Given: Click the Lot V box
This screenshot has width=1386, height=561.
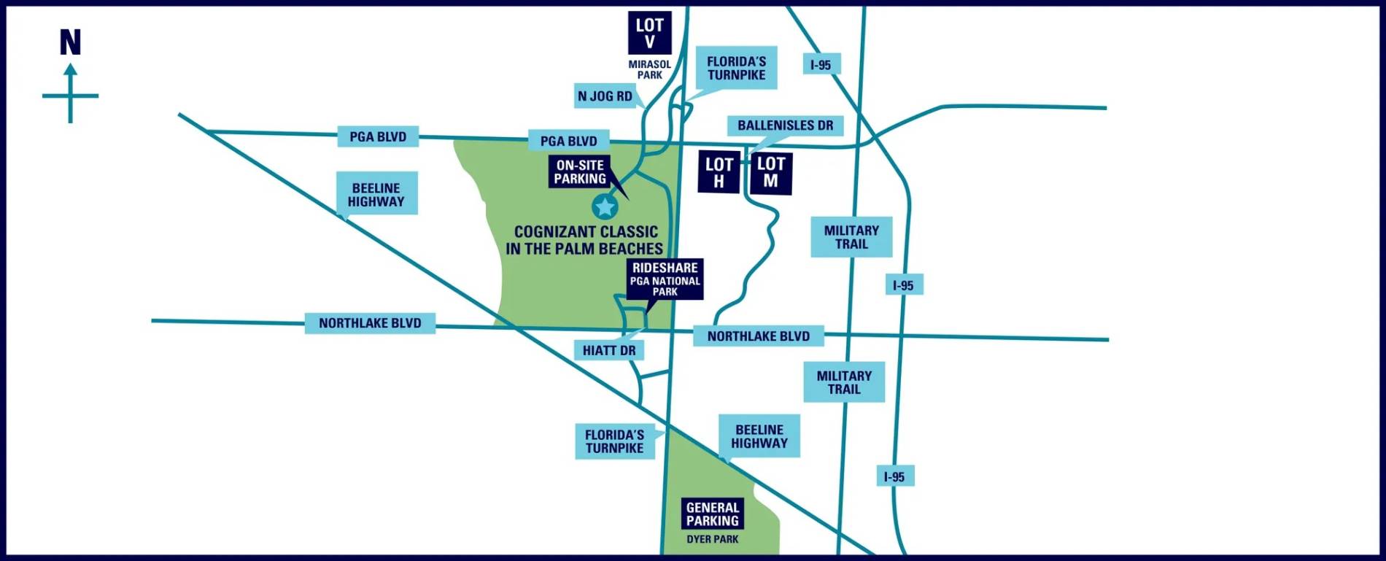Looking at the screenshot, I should point(649,33).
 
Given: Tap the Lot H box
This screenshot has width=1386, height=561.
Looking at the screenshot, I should point(719,173).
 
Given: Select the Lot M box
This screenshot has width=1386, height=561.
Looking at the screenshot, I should point(771,173).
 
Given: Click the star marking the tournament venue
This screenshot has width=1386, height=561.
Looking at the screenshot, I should point(604,207).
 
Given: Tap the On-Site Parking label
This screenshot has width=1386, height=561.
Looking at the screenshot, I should point(580,172).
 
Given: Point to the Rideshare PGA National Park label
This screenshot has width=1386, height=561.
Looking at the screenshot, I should point(665,279).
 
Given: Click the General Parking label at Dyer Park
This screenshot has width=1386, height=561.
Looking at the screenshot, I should point(712,514).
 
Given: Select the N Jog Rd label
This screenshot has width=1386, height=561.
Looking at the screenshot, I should point(605,96).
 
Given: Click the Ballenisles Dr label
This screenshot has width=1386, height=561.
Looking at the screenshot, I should point(785,125).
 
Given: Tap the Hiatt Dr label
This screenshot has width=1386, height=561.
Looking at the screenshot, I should point(609,351).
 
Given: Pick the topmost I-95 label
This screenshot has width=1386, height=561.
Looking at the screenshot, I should point(821,65).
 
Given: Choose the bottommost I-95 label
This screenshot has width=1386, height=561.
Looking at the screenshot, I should point(894,477).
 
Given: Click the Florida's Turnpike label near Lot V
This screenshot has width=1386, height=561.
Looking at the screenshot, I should point(736,68).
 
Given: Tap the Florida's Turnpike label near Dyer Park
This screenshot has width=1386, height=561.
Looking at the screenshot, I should point(614,441).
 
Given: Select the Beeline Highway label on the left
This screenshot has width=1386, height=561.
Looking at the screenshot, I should point(376,194).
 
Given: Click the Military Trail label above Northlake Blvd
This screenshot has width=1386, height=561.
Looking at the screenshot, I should point(851,237).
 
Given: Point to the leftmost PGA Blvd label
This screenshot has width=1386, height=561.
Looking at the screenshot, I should point(378,136).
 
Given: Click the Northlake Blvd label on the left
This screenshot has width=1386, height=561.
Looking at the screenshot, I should point(370,323).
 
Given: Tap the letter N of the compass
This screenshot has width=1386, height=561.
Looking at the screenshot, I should point(70,43).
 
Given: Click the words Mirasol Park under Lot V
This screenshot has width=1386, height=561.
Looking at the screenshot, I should point(649,70).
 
